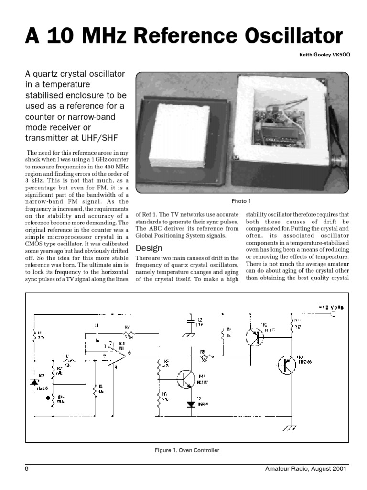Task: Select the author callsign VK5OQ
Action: point(340,55)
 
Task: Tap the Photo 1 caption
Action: point(241,201)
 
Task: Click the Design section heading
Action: point(149,248)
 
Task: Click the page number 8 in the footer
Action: point(27,469)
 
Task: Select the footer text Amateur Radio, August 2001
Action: point(307,469)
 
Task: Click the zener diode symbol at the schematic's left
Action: point(34,381)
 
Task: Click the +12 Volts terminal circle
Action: point(333,314)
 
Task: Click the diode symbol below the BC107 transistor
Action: point(191,404)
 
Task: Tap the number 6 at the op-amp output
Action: point(129,352)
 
